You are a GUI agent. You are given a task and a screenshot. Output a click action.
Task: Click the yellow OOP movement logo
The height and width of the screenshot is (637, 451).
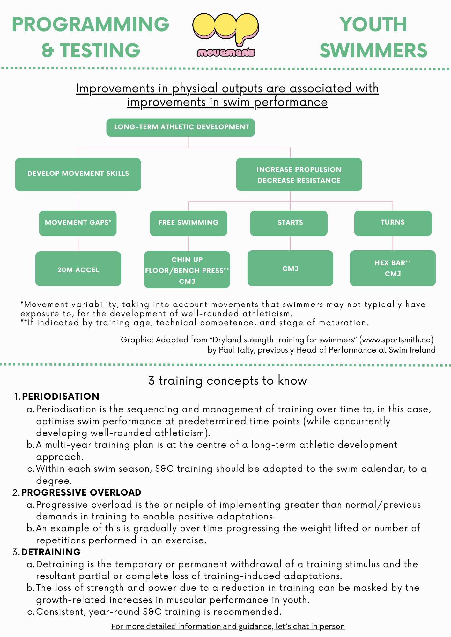click(x=226, y=34)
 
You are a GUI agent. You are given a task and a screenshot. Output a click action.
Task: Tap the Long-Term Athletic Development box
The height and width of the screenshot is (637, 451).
click(x=181, y=127)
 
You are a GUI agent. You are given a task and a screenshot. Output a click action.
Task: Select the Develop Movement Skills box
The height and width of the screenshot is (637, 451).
click(x=78, y=174)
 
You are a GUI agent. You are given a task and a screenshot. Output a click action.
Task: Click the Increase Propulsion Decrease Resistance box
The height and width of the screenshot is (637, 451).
click(x=299, y=175)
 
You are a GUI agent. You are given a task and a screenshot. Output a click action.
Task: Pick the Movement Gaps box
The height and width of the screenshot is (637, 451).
click(x=78, y=223)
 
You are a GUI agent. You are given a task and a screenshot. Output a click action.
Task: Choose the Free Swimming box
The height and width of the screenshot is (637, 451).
click(x=189, y=223)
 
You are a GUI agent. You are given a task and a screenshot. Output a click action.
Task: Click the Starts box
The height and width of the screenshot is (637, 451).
click(x=289, y=223)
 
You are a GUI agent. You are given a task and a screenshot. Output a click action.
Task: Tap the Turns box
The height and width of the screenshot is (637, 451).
click(x=393, y=223)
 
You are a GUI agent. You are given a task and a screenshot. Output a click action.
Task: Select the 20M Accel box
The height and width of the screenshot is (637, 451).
click(x=78, y=269)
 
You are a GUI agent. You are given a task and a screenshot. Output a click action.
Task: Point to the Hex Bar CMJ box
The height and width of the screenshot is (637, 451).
click(x=393, y=268)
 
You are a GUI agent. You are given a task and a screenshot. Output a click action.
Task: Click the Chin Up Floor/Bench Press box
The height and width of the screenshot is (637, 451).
click(x=187, y=270)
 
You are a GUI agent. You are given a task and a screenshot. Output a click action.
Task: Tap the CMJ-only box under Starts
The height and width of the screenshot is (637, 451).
click(x=290, y=268)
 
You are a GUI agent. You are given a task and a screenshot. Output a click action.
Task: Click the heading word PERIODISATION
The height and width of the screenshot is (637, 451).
click(x=61, y=397)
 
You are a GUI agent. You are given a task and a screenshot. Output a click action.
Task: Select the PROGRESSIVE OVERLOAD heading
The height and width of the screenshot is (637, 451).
click(x=81, y=492)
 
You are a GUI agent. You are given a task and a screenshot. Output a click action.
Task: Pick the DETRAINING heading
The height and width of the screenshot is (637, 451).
click(x=51, y=552)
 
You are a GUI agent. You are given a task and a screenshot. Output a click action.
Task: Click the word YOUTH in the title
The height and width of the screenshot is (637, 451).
click(x=373, y=25)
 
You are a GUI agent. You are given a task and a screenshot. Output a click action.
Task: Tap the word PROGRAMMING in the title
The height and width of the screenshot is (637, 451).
click(x=91, y=25)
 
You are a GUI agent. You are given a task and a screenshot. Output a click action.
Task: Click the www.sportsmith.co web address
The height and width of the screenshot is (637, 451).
click(x=396, y=340)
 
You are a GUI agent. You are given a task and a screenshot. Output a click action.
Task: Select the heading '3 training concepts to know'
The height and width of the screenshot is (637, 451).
click(x=227, y=381)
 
